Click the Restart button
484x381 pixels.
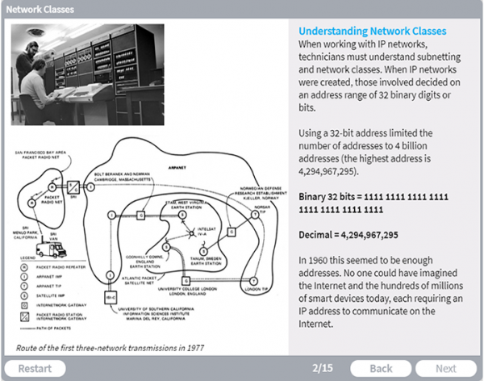pos(36,368)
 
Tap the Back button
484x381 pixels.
pos(381,368)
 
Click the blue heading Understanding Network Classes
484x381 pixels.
pos(373,31)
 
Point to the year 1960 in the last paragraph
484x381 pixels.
pos(321,261)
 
